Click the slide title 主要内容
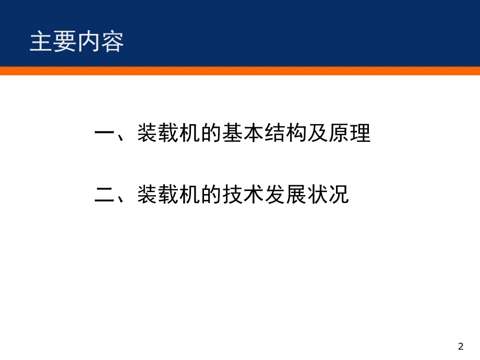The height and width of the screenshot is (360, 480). tap(77, 42)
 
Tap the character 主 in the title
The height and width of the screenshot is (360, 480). tap(41, 42)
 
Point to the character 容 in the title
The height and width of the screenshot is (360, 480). tap(112, 42)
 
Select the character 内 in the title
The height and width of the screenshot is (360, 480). tap(89, 42)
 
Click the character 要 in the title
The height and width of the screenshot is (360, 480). tap(65, 42)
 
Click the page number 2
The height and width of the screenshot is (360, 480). tap(460, 347)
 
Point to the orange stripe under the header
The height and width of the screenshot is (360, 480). tap(240, 70)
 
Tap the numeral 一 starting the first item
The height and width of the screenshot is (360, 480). tap(105, 134)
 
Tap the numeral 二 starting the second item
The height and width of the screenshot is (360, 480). tap(105, 195)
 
